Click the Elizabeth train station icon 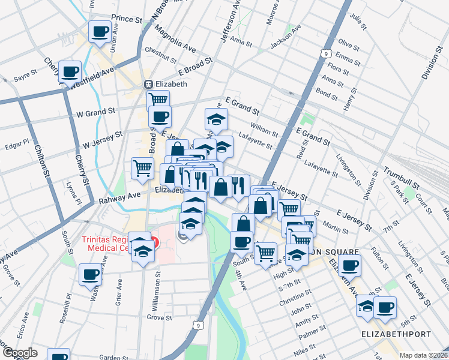click(147, 85)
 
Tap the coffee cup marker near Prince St click(100, 31)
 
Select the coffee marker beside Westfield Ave click(70, 71)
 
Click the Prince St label click(126, 20)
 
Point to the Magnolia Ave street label click(173, 38)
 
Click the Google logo click(20, 353)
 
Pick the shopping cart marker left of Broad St click(142, 167)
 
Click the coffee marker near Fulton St click(349, 264)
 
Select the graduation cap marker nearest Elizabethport click(366, 305)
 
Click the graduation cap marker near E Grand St click(217, 118)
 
